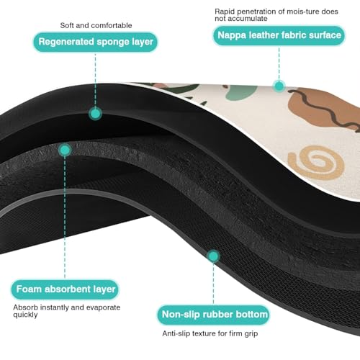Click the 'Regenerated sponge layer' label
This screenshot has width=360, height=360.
[x=95, y=42]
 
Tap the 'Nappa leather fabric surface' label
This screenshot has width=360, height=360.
[x=279, y=35]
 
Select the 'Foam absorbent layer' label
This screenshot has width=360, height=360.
[x=65, y=289]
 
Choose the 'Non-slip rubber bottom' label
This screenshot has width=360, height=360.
[x=214, y=315]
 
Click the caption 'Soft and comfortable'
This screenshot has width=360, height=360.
[x=96, y=25]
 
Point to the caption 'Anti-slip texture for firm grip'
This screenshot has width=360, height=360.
[x=210, y=333]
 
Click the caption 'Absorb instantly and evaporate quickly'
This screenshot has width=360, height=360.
[x=67, y=311]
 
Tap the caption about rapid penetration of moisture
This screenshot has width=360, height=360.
[x=276, y=15]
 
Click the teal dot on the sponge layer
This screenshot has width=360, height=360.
[x=95, y=114]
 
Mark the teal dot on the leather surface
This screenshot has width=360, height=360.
[x=279, y=86]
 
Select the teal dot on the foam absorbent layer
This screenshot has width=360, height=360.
[x=65, y=150]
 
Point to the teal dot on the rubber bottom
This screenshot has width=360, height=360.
[x=213, y=256]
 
